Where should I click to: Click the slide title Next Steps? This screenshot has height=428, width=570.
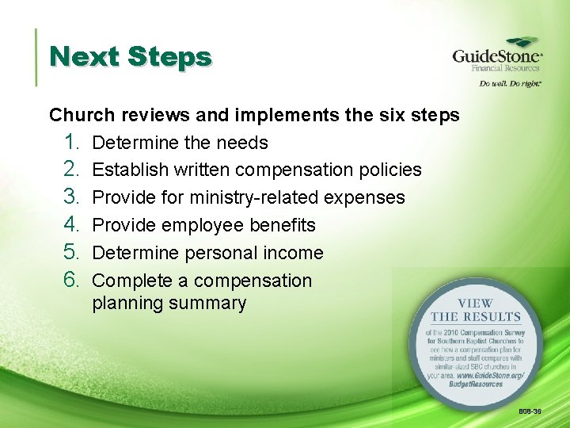pos(130,57)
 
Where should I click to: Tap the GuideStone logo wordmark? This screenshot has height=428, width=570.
pos(496,56)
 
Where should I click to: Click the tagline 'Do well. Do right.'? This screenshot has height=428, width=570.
pos(509,82)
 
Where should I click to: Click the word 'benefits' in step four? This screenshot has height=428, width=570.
pos(282,225)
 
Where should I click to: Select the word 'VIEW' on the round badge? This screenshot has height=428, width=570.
pos(474,303)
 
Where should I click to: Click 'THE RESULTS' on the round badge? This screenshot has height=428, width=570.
pos(475,316)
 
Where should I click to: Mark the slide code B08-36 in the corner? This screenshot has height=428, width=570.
pos(530,412)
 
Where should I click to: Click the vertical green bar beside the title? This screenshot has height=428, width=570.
pos(36,57)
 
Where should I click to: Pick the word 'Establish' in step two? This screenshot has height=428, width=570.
pos(130,170)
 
